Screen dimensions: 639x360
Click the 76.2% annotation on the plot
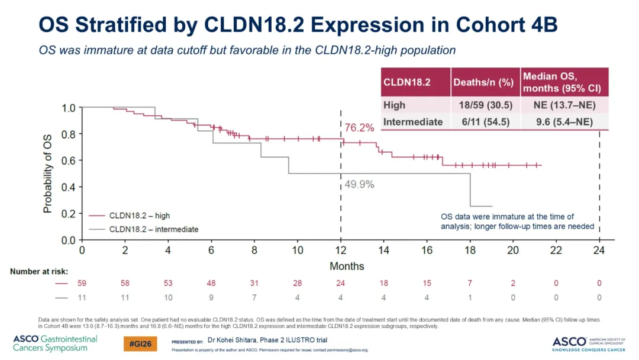point(359,128)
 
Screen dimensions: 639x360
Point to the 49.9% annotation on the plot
point(359,184)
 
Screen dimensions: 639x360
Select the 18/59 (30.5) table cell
point(485,105)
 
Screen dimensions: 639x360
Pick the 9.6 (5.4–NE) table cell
point(564,122)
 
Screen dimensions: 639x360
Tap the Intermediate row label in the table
point(413,122)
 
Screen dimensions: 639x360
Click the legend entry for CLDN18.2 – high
point(130,216)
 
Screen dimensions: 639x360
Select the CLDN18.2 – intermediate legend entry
point(144,230)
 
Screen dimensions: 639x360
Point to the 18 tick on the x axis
point(470,250)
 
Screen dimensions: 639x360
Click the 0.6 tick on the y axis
point(69,160)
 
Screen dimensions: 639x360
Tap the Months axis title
point(347,266)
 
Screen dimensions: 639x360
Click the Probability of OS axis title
point(48,173)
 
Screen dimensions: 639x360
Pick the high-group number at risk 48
point(211,283)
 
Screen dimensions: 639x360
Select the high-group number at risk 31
point(254,283)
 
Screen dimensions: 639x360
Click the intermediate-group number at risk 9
point(211,298)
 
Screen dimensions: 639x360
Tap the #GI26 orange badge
point(140,344)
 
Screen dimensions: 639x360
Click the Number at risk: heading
point(39,272)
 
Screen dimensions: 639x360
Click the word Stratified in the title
point(121,25)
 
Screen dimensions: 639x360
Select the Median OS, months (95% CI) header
point(562,82)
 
